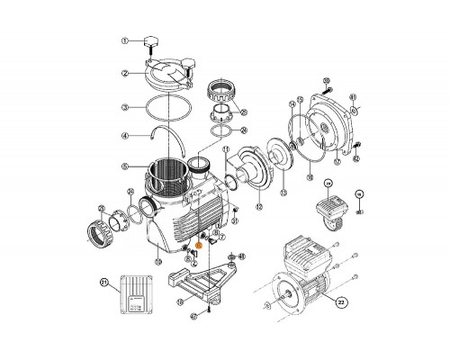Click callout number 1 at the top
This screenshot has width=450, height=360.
tap(128, 40)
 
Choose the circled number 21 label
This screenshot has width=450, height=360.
tap(104, 283)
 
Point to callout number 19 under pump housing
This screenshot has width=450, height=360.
tap(157, 261)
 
